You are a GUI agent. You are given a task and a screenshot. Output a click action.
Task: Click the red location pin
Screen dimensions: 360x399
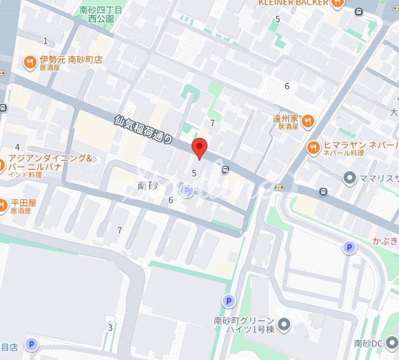coord(199,148)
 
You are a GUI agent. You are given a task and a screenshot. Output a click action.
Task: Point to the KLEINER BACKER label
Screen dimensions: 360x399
coord(293,3)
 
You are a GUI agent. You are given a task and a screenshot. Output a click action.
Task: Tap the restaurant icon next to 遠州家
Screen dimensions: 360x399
coord(308,120)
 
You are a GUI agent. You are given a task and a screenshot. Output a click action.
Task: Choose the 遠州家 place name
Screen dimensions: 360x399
coord(285,119)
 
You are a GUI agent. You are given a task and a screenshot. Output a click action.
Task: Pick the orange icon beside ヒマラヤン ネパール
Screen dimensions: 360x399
coord(313,147)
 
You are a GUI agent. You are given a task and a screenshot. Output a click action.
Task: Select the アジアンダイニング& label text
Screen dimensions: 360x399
coord(50,159)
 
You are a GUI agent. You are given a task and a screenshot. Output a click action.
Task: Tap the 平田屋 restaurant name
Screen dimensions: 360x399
coord(22,203)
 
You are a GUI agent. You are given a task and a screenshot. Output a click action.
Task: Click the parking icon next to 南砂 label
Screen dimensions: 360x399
coord(186,190)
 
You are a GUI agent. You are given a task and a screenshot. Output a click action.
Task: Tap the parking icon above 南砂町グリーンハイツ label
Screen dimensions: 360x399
coord(228,301)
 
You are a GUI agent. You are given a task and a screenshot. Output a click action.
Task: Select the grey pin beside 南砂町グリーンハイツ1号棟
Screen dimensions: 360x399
coord(284,325)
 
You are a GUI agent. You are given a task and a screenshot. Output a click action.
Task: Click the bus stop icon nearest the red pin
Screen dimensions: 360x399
coord(226,170)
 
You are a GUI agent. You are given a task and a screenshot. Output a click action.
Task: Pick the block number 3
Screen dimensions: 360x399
coord(110,328)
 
